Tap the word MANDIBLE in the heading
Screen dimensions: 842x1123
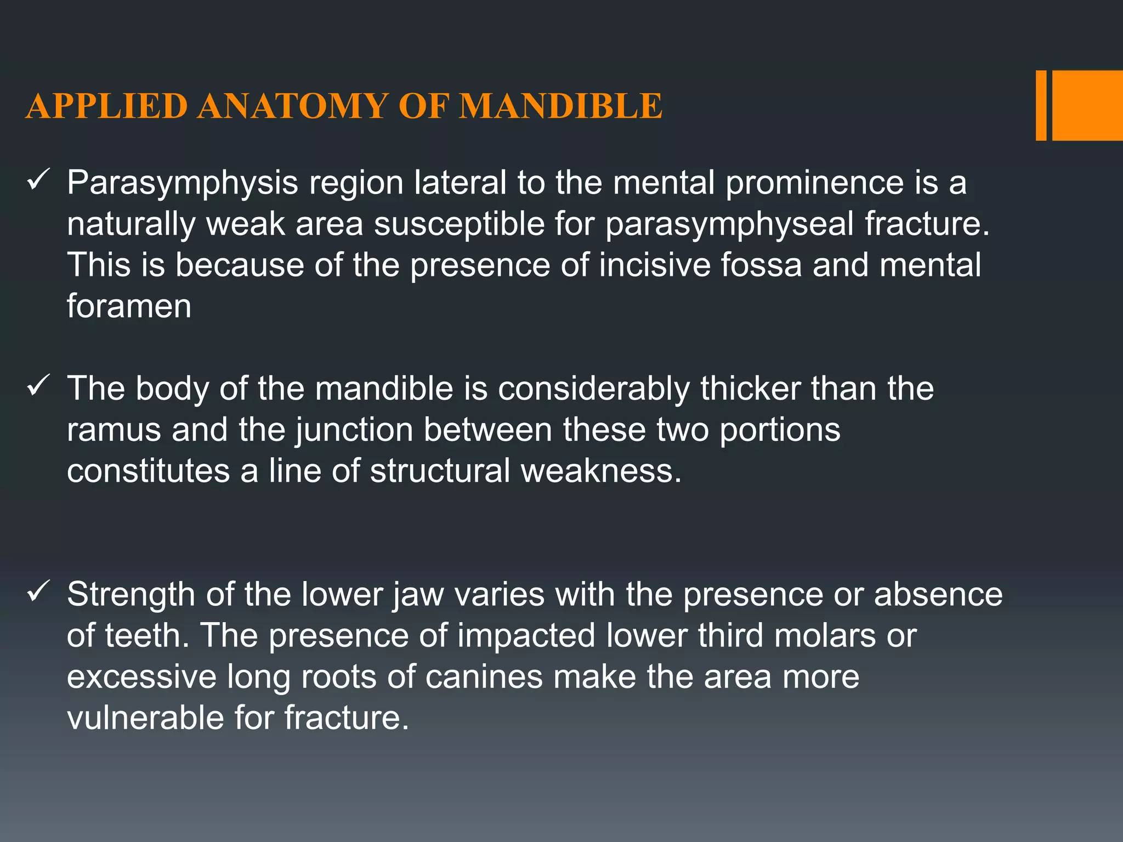click(560, 106)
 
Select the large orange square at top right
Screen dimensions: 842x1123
click(1087, 105)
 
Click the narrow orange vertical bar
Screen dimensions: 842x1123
click(1041, 105)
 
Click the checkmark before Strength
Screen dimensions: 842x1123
click(39, 592)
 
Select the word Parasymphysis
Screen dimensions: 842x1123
click(182, 184)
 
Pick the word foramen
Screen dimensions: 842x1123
click(129, 306)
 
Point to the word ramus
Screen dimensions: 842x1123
click(114, 430)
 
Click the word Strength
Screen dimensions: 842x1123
click(131, 595)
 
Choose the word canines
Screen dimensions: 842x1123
click(483, 678)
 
